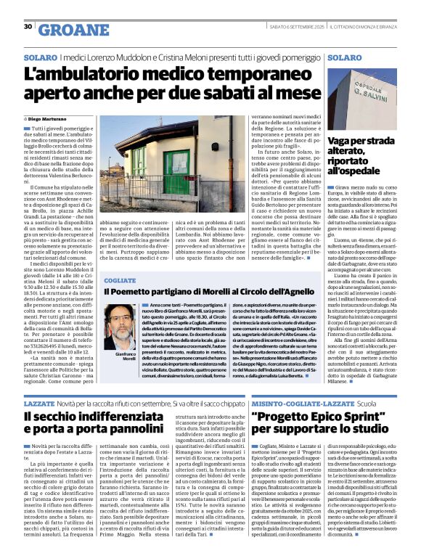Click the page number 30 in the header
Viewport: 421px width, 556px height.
[x=28, y=27]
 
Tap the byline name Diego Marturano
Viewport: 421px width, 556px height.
[x=57, y=118]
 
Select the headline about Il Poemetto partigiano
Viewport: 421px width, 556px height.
[x=208, y=292]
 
